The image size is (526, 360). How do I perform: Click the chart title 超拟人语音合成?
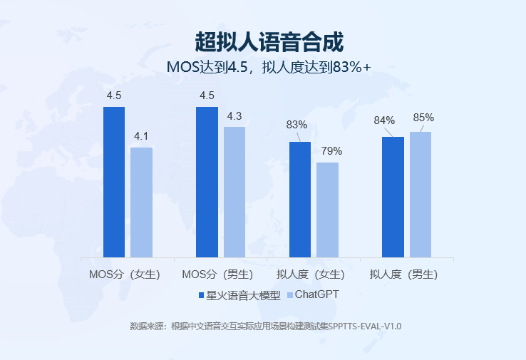[x=269, y=41]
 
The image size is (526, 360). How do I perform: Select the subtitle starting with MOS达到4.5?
[x=269, y=68]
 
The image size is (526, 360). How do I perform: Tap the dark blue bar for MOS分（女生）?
[x=114, y=182]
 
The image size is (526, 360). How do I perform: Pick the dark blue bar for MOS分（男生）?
[x=207, y=182]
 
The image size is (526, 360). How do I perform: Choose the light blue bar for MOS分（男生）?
[x=234, y=192]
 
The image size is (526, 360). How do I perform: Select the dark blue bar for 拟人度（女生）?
[x=300, y=199]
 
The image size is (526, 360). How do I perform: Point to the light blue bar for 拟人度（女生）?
[x=327, y=210]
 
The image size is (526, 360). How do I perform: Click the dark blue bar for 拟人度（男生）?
[x=393, y=197]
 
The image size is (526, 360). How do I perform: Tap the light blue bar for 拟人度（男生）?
[x=421, y=194]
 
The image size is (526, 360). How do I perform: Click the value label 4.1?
[x=141, y=135]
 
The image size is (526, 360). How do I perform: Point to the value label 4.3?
[x=234, y=116]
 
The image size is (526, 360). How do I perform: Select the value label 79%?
[x=331, y=151]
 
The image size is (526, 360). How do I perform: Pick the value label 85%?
[x=423, y=118]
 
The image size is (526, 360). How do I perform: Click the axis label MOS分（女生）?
[x=125, y=274]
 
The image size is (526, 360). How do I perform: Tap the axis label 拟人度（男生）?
[x=403, y=274]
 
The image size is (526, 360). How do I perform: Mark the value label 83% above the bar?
[x=296, y=125]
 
